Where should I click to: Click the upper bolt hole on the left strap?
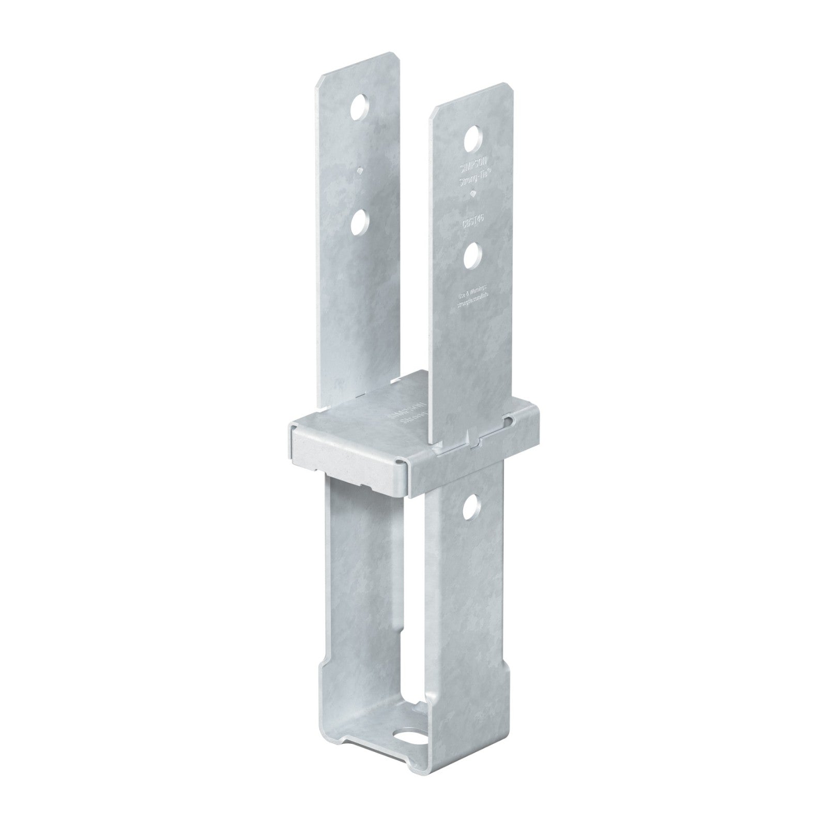[358, 109]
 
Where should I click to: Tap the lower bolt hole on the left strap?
[358, 223]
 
